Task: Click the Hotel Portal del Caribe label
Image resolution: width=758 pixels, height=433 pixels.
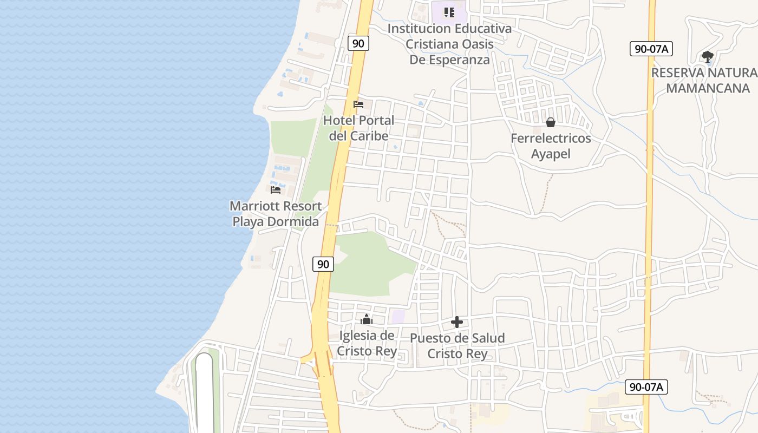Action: click(358, 128)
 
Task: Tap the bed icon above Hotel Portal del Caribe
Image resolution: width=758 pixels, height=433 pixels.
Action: click(358, 104)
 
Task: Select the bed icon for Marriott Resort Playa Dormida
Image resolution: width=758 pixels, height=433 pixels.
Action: click(276, 189)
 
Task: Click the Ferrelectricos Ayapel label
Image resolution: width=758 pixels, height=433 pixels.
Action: click(551, 146)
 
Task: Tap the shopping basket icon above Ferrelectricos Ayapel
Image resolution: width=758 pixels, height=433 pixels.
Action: click(551, 123)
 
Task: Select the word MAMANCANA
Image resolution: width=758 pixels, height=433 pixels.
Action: click(708, 88)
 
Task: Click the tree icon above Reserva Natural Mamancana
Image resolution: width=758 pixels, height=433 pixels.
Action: click(707, 56)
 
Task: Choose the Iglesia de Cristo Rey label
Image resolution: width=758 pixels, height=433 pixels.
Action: click(367, 343)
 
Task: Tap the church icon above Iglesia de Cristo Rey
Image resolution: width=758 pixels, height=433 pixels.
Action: click(367, 319)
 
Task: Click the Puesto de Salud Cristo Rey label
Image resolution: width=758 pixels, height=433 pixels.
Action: click(457, 346)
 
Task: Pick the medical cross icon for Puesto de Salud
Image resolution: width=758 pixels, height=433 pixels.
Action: click(457, 323)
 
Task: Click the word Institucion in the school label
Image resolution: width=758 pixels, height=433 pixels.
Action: click(419, 29)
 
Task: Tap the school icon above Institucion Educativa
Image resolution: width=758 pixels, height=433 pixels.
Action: click(449, 12)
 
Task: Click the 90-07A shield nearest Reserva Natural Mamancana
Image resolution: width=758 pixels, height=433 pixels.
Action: click(651, 49)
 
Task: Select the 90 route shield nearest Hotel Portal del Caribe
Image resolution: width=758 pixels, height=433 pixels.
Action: click(358, 43)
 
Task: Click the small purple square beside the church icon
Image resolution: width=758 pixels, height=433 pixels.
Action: click(398, 317)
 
